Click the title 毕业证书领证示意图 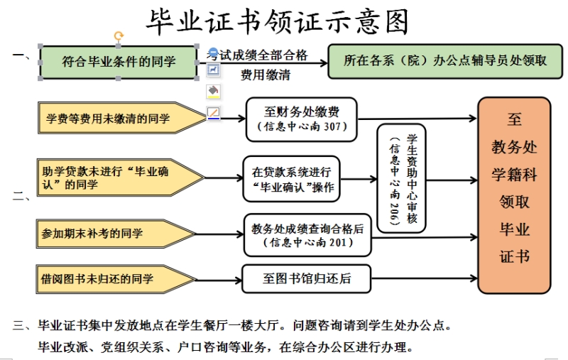[x=278, y=22]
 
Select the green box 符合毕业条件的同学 [x=119, y=62]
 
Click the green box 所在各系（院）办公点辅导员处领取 [x=439, y=61]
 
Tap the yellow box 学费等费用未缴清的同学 [x=114, y=119]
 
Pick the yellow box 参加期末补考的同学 [x=114, y=234]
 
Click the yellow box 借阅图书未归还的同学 [x=114, y=279]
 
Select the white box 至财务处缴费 [x=302, y=119]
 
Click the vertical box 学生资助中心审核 [x=403, y=179]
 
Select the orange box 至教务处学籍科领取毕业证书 [x=514, y=195]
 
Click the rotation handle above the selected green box [x=119, y=36]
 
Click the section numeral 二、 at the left [x=21, y=196]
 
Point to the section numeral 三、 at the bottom [x=21, y=327]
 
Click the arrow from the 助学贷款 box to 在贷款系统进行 [x=223, y=178]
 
